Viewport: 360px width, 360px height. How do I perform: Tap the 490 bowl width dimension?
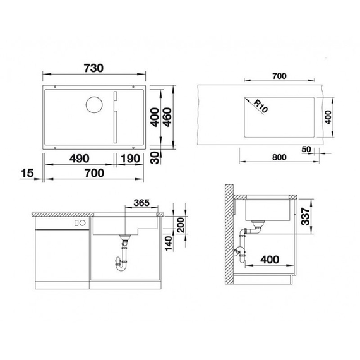pyautogui.click(x=75, y=158)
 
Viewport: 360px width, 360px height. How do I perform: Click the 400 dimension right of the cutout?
pyautogui.click(x=327, y=117)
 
